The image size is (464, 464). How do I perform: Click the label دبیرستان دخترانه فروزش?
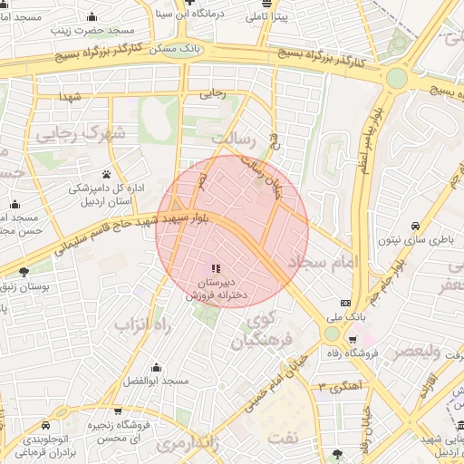click(x=215, y=288)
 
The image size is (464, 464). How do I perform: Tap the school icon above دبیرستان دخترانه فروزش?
click(x=215, y=268)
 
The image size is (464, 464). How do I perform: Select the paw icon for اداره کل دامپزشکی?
click(x=106, y=173)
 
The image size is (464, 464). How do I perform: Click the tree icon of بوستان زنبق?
click(x=24, y=271)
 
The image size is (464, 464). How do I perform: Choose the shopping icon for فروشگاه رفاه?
click(x=353, y=340)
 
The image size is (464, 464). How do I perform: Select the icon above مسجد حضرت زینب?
click(x=92, y=16)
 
